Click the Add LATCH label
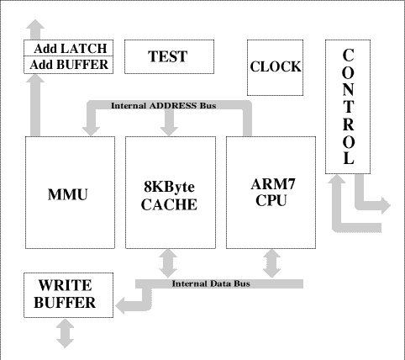[x=71, y=49]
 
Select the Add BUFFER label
[x=69, y=65]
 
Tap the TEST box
[x=169, y=56]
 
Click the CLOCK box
[x=275, y=67]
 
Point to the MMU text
[x=68, y=194]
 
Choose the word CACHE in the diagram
[x=169, y=204]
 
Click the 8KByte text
[x=169, y=187]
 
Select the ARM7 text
[x=273, y=184]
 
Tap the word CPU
[x=271, y=200]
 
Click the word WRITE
[x=65, y=285]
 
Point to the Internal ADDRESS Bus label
[x=164, y=106]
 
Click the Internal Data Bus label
[x=211, y=283]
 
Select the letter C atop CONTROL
[x=348, y=56]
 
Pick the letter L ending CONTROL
[x=348, y=158]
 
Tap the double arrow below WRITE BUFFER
[x=65, y=333]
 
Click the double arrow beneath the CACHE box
[x=168, y=263]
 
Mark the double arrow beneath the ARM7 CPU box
[x=271, y=263]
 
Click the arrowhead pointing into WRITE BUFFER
[x=120, y=306]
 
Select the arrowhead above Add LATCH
[x=35, y=24]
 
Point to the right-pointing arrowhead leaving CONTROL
[x=386, y=205]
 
